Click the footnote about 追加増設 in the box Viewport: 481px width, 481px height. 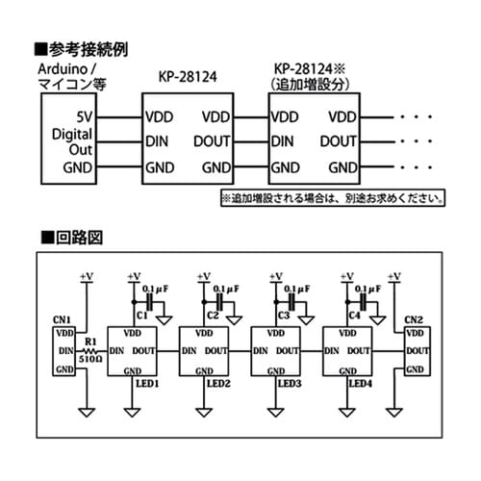pyautogui.click(x=333, y=200)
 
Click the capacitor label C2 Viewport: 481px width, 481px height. pyautogui.click(x=213, y=315)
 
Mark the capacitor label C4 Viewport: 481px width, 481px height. pyautogui.click(x=354, y=315)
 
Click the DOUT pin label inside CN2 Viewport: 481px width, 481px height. pyautogui.click(x=417, y=351)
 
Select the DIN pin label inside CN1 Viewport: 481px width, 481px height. pyautogui.click(x=65, y=351)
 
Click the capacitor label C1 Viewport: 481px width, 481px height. pyautogui.click(x=141, y=315)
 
